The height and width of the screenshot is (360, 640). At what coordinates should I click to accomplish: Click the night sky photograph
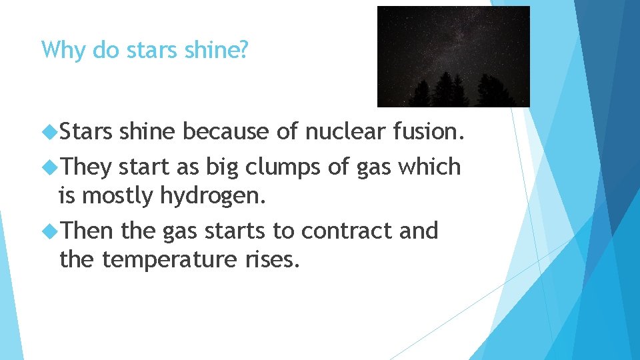(453, 57)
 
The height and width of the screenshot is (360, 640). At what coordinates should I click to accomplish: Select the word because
(227, 132)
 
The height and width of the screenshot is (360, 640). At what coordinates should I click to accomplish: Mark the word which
(429, 167)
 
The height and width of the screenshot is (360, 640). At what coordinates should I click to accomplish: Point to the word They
(86, 167)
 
